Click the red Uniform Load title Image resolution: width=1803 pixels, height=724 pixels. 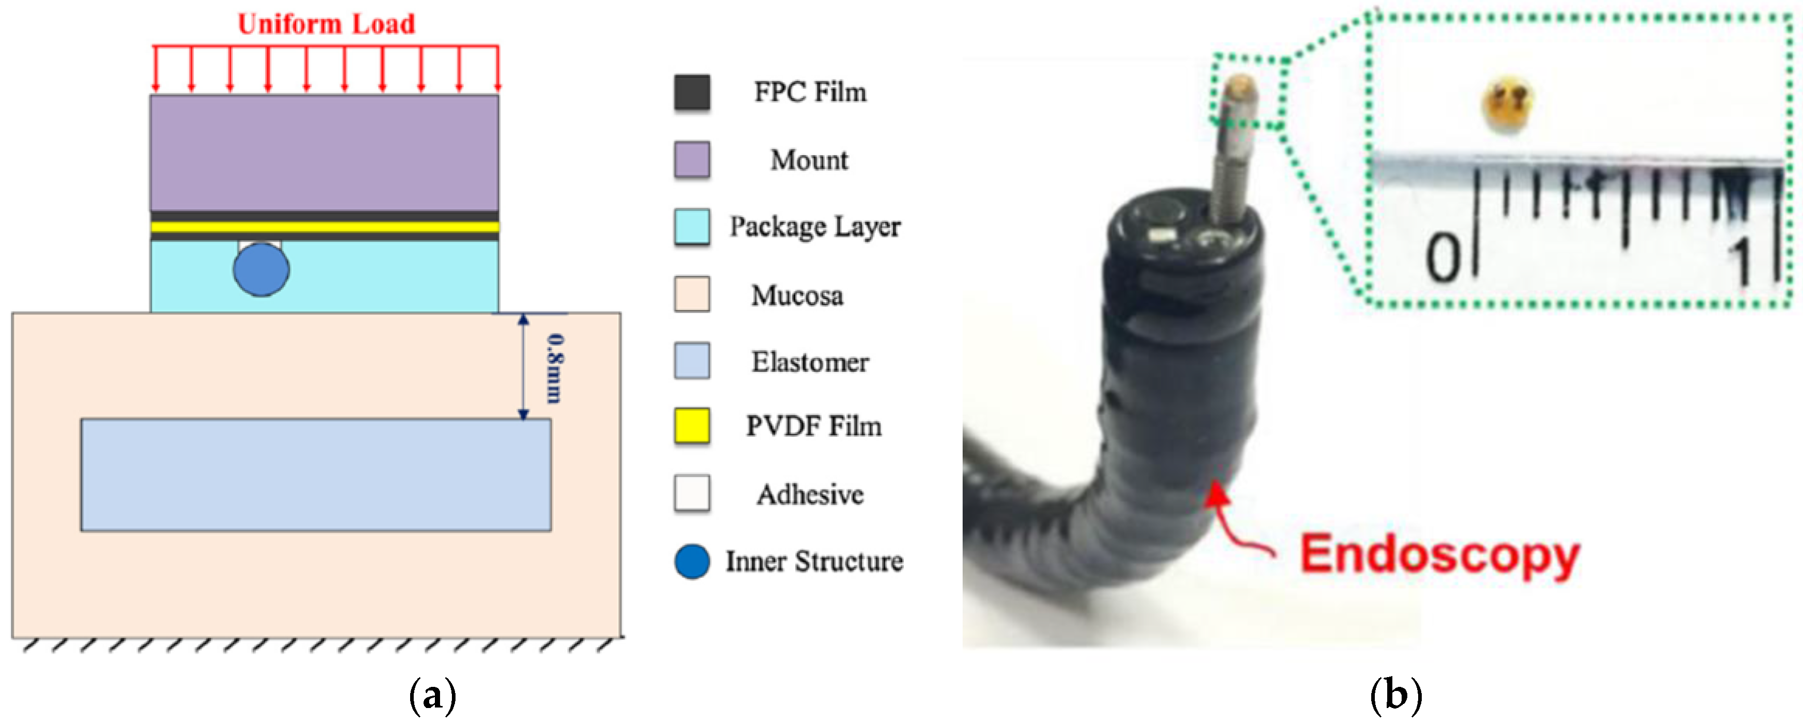coord(326,24)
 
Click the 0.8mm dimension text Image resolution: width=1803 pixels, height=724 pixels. coord(555,368)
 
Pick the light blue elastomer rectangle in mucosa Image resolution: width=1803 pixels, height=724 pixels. coord(316,475)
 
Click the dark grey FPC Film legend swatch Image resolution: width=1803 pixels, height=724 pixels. coord(691,92)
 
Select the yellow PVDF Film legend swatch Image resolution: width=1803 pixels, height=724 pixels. coord(691,426)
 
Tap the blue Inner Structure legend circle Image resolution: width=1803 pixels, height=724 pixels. coord(691,562)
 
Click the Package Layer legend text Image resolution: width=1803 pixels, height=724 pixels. coord(815,227)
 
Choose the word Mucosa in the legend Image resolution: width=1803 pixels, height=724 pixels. coord(797,295)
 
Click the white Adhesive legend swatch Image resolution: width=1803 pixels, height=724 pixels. coord(691,493)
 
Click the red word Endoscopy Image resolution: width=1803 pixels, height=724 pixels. coord(1439,555)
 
